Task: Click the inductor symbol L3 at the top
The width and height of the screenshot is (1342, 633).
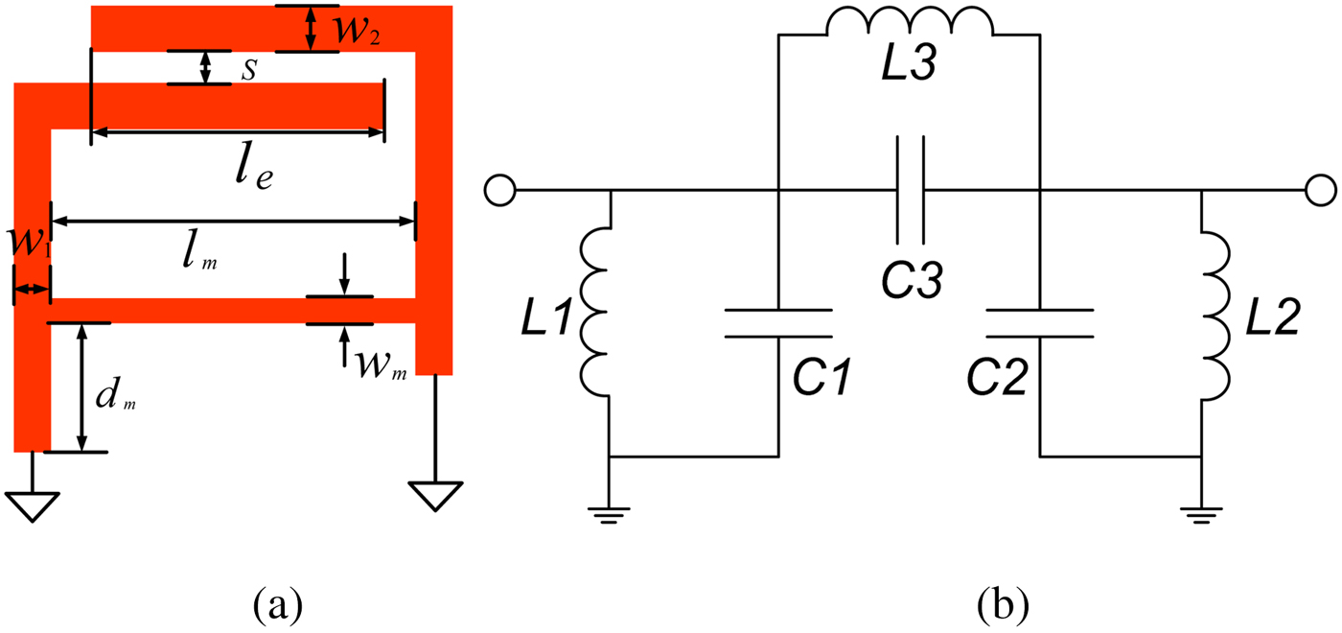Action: (x=909, y=23)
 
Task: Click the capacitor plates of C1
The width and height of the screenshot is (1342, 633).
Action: (x=777, y=323)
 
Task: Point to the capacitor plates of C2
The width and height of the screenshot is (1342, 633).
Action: (x=1040, y=323)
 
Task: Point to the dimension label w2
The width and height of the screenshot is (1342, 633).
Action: (x=357, y=31)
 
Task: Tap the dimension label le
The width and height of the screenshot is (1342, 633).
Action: (x=248, y=167)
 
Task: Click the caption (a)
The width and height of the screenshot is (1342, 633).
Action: (x=278, y=605)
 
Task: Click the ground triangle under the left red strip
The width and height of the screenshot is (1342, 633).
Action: (x=33, y=504)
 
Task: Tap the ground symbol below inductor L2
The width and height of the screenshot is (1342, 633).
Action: (x=1202, y=516)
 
